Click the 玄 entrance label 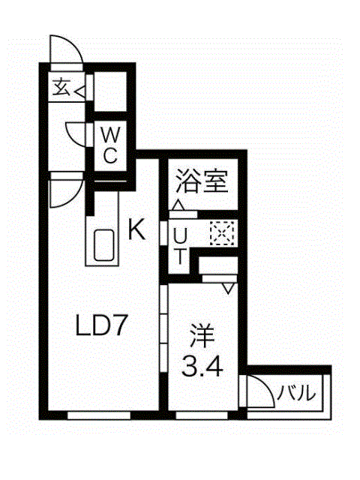(61, 87)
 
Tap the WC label (110, 145)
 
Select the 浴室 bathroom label (202, 181)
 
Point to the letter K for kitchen (136, 230)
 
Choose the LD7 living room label (101, 325)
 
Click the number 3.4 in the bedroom (202, 366)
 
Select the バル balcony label (296, 393)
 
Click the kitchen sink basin (104, 245)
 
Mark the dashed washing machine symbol (222, 233)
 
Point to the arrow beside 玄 (79, 91)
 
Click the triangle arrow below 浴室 (178, 205)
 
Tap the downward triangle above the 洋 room (228, 289)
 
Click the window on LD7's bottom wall (98, 415)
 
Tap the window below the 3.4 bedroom (202, 415)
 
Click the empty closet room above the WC (110, 91)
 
